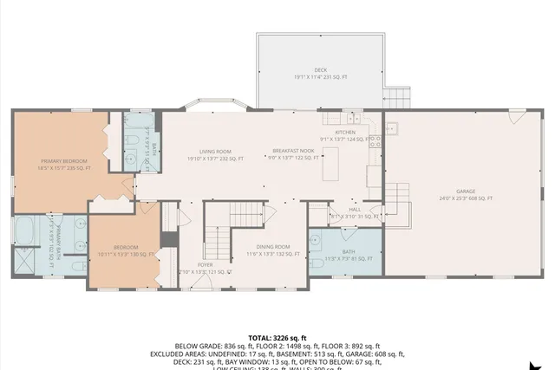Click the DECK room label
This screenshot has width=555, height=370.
click(321, 69)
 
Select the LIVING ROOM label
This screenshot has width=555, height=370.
click(215, 151)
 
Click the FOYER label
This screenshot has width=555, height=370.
click(206, 264)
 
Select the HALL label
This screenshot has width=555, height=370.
click(355, 209)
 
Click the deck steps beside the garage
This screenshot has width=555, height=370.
click(396, 97)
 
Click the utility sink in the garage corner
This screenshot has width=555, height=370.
click(391, 130)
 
